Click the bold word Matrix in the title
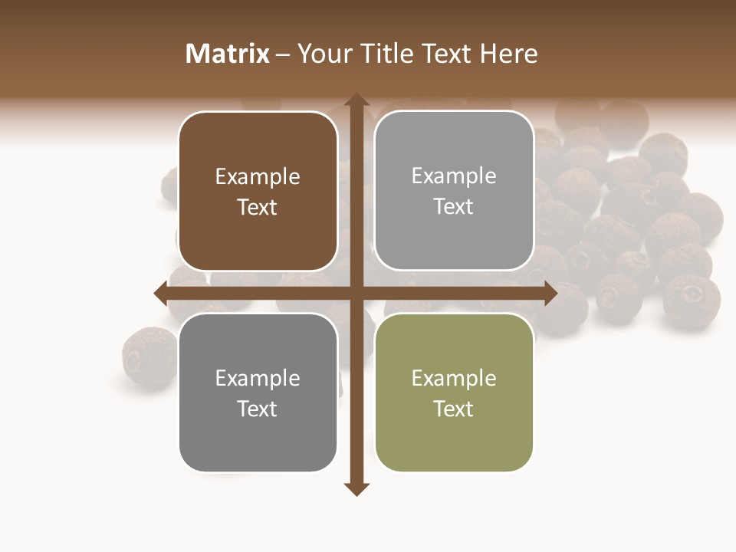tap(228, 54)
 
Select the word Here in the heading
tap(509, 54)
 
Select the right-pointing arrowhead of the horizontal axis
tap(550, 293)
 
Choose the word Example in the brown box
tap(258, 177)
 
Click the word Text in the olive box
tap(454, 409)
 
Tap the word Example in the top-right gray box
tap(454, 176)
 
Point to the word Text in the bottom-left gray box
tap(258, 409)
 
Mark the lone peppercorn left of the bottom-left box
tap(149, 356)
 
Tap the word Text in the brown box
tap(258, 207)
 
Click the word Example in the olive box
tap(454, 379)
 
